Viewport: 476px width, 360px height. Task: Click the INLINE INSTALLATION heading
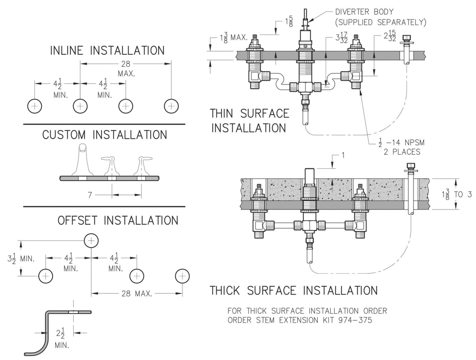tap(107, 50)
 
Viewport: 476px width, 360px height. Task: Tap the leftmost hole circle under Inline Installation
tap(35, 106)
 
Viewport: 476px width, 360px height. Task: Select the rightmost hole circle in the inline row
tap(171, 106)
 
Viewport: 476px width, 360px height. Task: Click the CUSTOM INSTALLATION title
tap(105, 135)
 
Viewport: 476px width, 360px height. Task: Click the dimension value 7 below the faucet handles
tap(90, 195)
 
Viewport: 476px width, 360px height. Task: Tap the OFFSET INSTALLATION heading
tap(118, 220)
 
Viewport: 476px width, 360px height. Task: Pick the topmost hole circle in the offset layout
tap(91, 241)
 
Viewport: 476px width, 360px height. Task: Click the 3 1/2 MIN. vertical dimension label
tap(21, 259)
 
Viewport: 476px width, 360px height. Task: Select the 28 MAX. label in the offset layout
tap(136, 294)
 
